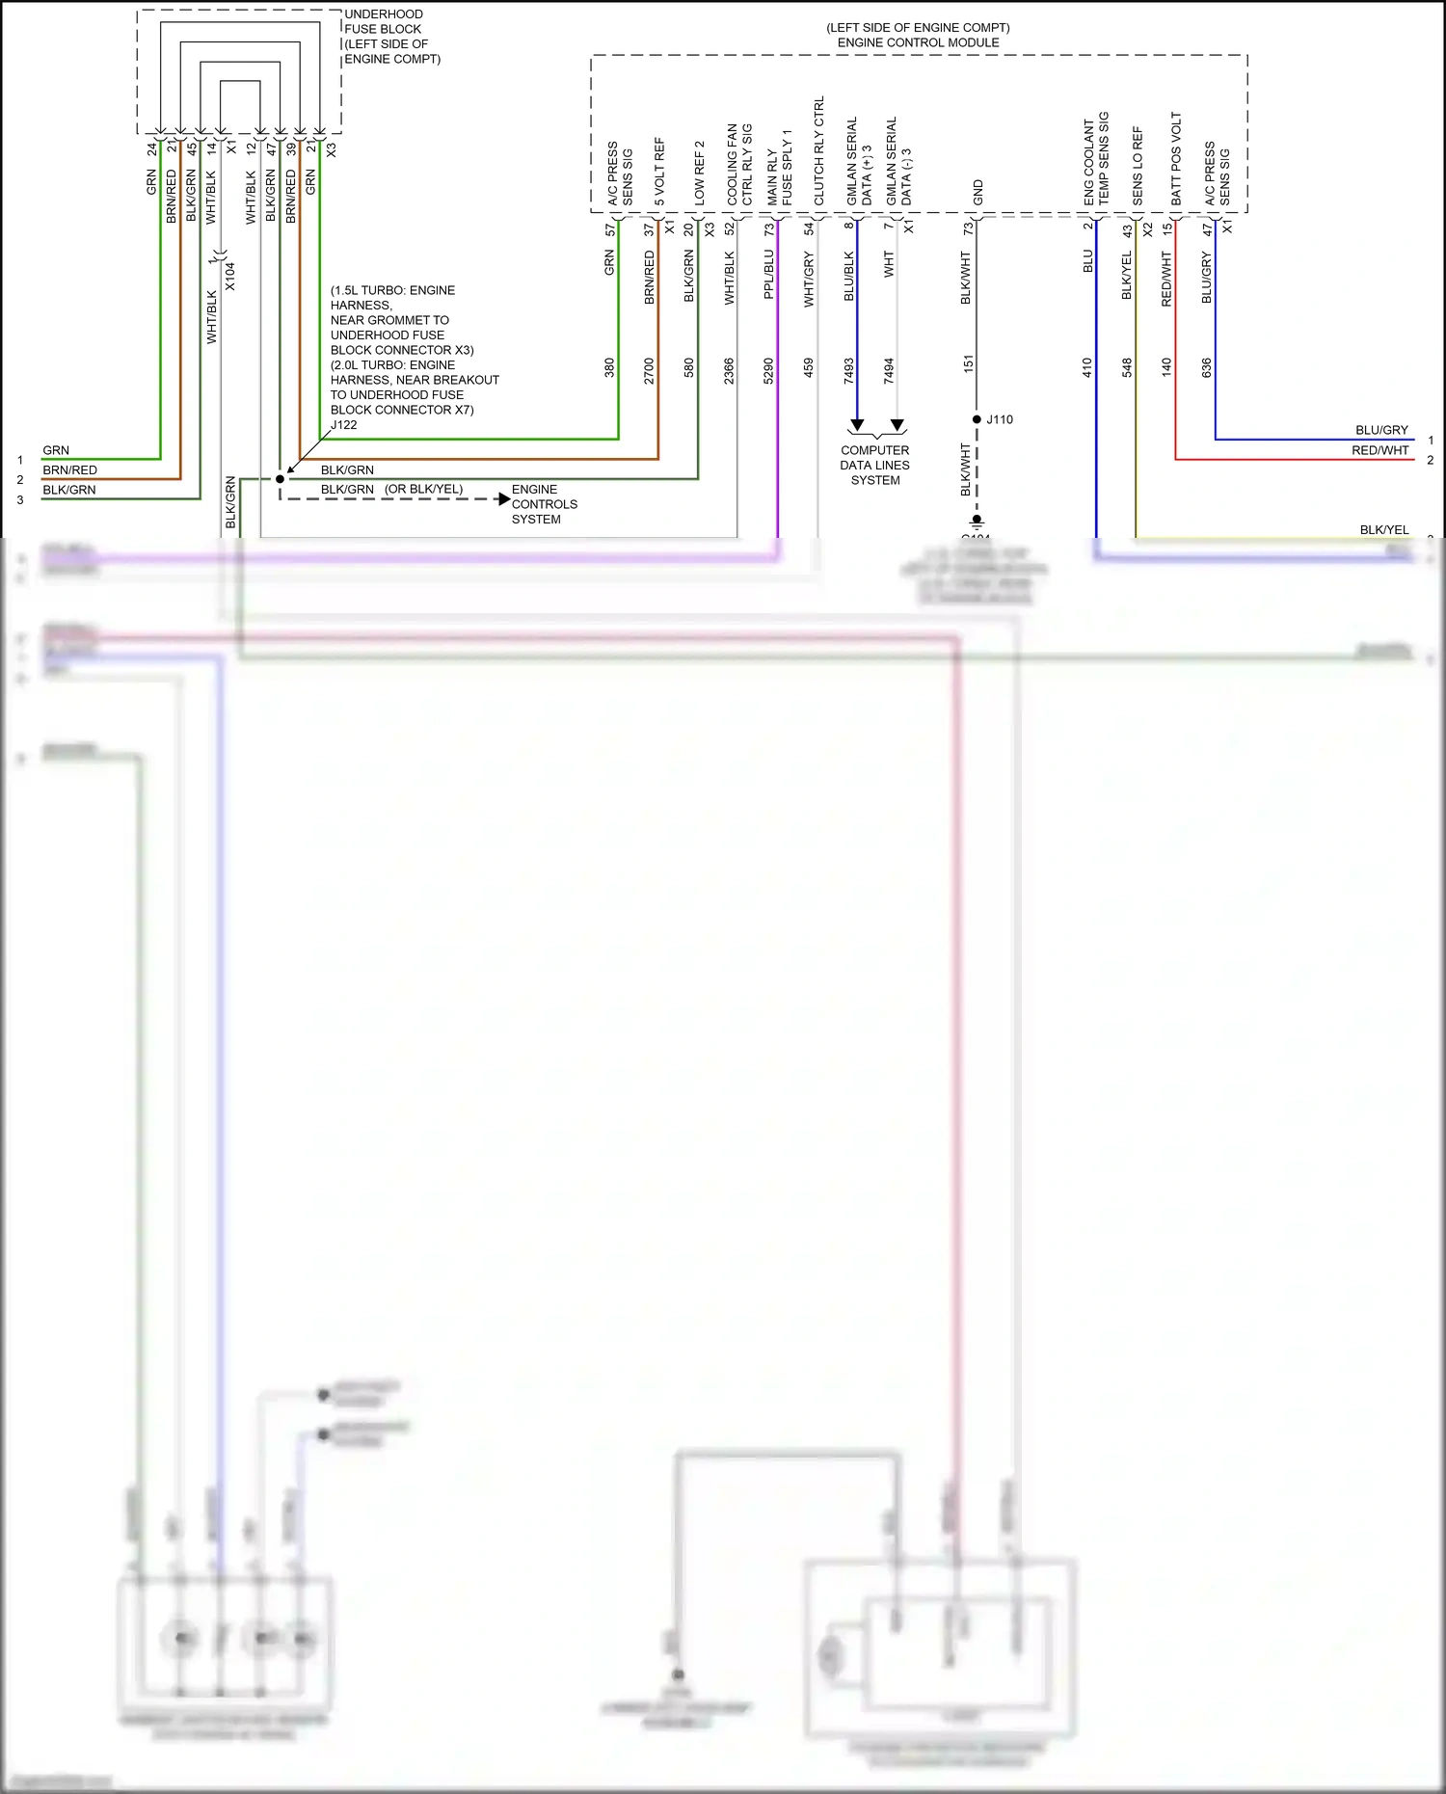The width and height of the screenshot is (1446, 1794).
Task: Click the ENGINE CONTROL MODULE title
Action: click(918, 42)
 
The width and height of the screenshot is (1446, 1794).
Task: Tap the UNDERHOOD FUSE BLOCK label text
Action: click(384, 22)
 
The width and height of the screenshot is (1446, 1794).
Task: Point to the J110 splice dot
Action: click(977, 419)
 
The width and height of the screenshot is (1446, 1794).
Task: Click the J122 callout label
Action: click(344, 424)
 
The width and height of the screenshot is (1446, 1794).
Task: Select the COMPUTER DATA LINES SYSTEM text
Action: click(874, 465)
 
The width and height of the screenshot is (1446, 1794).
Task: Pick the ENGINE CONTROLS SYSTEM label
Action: click(544, 504)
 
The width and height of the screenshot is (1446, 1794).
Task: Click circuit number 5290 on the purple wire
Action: click(768, 371)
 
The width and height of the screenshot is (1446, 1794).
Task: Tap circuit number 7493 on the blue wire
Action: click(848, 371)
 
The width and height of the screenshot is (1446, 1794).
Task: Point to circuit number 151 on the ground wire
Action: click(968, 364)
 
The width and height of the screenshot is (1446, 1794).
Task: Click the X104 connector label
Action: click(230, 277)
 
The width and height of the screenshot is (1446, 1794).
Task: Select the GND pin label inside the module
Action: click(977, 192)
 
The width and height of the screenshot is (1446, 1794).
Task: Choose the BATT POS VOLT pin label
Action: click(1176, 158)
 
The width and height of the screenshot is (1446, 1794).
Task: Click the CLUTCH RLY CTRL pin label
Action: click(819, 150)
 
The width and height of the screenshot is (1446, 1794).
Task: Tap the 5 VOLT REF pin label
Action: click(659, 172)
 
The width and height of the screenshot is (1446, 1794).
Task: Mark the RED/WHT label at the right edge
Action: click(1379, 450)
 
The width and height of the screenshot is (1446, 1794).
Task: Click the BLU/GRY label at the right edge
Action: click(1381, 430)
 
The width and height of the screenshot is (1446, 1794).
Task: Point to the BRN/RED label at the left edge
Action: click(69, 470)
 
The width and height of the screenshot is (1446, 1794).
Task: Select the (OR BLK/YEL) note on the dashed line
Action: click(423, 490)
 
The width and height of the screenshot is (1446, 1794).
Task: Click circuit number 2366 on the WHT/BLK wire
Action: click(729, 371)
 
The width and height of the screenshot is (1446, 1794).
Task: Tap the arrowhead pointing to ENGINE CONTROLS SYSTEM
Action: click(503, 498)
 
